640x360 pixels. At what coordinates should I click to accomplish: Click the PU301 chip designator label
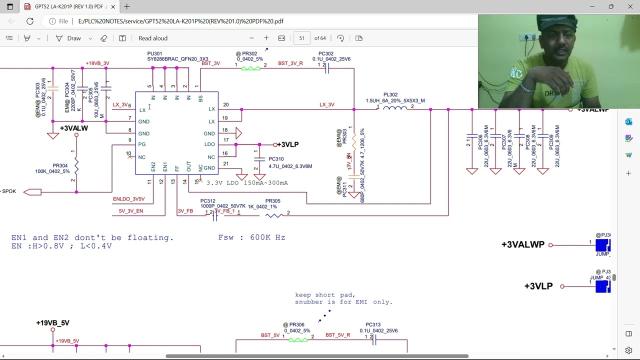point(154,53)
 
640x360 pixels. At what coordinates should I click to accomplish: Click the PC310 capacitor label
point(276,159)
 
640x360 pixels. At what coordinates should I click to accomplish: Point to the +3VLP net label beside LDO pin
point(287,144)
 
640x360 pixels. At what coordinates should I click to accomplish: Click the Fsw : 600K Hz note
point(251,237)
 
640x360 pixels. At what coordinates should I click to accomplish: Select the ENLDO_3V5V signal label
point(128,199)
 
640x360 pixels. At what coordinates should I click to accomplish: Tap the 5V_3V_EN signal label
point(130,211)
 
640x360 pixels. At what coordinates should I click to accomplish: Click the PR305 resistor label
point(273,201)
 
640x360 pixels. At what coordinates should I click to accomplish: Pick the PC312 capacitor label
point(208,201)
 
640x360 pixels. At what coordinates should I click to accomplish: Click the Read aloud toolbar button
point(152,38)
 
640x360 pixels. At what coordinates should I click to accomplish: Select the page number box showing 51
point(301,38)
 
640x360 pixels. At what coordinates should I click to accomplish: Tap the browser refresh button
point(30,21)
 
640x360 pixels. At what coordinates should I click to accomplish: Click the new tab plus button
point(127,6)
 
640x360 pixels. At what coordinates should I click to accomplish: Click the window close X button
point(630,6)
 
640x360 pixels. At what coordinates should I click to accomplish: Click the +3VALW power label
point(74,128)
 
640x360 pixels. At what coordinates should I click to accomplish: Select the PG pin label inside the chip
point(142,144)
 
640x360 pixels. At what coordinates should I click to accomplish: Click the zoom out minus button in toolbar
point(251,38)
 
